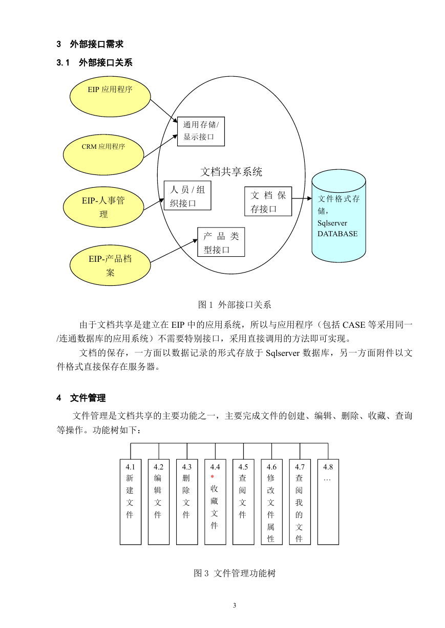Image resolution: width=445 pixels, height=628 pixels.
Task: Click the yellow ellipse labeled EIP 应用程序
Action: pos(110,97)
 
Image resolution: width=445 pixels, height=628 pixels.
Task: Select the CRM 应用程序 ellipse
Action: pos(103,154)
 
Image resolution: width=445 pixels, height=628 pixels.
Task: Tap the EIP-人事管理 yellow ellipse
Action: pos(103,207)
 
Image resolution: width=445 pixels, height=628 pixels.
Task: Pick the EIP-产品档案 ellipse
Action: pos(110,265)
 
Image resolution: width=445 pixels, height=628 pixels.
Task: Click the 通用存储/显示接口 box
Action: pos(201,131)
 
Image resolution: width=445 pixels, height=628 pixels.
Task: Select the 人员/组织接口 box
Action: pos(187,195)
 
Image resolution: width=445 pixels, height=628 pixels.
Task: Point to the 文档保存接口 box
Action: pos(268,201)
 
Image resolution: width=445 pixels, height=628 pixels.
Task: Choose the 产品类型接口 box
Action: pos(221,242)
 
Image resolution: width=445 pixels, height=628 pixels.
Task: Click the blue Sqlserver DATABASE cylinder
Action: pos(339,216)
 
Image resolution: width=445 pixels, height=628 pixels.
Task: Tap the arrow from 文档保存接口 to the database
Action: pos(302,198)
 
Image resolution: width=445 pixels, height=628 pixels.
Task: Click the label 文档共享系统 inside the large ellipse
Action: pos(231,172)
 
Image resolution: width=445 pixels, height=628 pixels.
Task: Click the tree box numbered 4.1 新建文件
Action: pos(131,502)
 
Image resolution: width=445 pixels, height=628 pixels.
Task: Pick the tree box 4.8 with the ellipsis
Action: pos(328,502)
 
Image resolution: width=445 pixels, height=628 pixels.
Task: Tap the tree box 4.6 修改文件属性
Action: pos(272,502)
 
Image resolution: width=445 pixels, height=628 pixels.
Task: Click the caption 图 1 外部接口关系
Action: pos(235,305)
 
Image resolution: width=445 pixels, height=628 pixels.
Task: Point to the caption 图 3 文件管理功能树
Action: pos(235,573)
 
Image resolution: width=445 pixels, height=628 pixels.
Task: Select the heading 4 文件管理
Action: pos(81,398)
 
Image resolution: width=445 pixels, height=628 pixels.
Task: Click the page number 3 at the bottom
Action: pos(235,605)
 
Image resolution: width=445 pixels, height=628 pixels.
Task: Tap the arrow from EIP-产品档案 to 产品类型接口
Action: pos(174,251)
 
